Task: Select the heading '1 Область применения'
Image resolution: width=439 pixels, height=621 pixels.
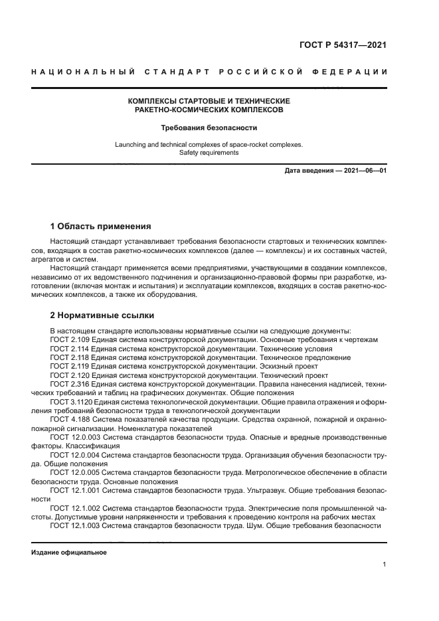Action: [x=100, y=226]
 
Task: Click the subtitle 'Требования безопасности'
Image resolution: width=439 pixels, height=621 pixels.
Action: [x=209, y=127]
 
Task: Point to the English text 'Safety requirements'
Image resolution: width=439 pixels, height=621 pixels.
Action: [x=209, y=152]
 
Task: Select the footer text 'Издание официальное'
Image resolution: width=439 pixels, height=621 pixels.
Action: [x=69, y=552]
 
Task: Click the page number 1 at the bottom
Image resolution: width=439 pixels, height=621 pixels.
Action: [x=385, y=565]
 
